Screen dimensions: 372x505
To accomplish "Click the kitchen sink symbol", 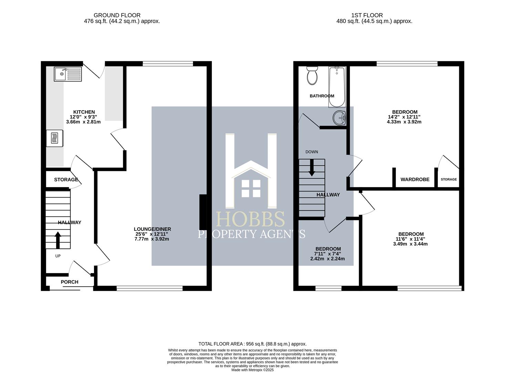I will pos(68,74).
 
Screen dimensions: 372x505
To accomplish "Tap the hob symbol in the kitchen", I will pos(55,138).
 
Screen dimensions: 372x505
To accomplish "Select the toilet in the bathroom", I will pos(312,76).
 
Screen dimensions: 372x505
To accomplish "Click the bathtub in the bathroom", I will pos(337,87).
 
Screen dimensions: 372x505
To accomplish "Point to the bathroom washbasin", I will pos(339,118).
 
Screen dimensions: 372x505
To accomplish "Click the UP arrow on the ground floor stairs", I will pos(58,240).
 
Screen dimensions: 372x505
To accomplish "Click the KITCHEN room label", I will pos(84,112).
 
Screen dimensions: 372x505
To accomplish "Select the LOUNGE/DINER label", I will pos(152,229).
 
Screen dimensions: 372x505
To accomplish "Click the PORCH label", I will pos(70,282).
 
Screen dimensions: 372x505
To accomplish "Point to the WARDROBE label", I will pos(415,179).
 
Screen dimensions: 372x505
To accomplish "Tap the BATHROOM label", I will pos(322,96).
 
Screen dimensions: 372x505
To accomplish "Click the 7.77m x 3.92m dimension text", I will pos(152,239).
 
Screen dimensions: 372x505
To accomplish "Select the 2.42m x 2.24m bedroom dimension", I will pos(327,259).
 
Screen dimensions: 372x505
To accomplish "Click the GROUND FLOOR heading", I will pos(117,15).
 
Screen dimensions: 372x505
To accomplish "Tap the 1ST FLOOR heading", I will pos(367,15).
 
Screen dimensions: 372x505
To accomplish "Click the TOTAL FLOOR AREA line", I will pos(252,344).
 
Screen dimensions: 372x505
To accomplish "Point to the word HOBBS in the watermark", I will pos(250,219).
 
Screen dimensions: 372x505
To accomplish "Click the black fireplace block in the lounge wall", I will pos(203,212).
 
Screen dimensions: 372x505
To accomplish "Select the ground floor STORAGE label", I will pos(66,179).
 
